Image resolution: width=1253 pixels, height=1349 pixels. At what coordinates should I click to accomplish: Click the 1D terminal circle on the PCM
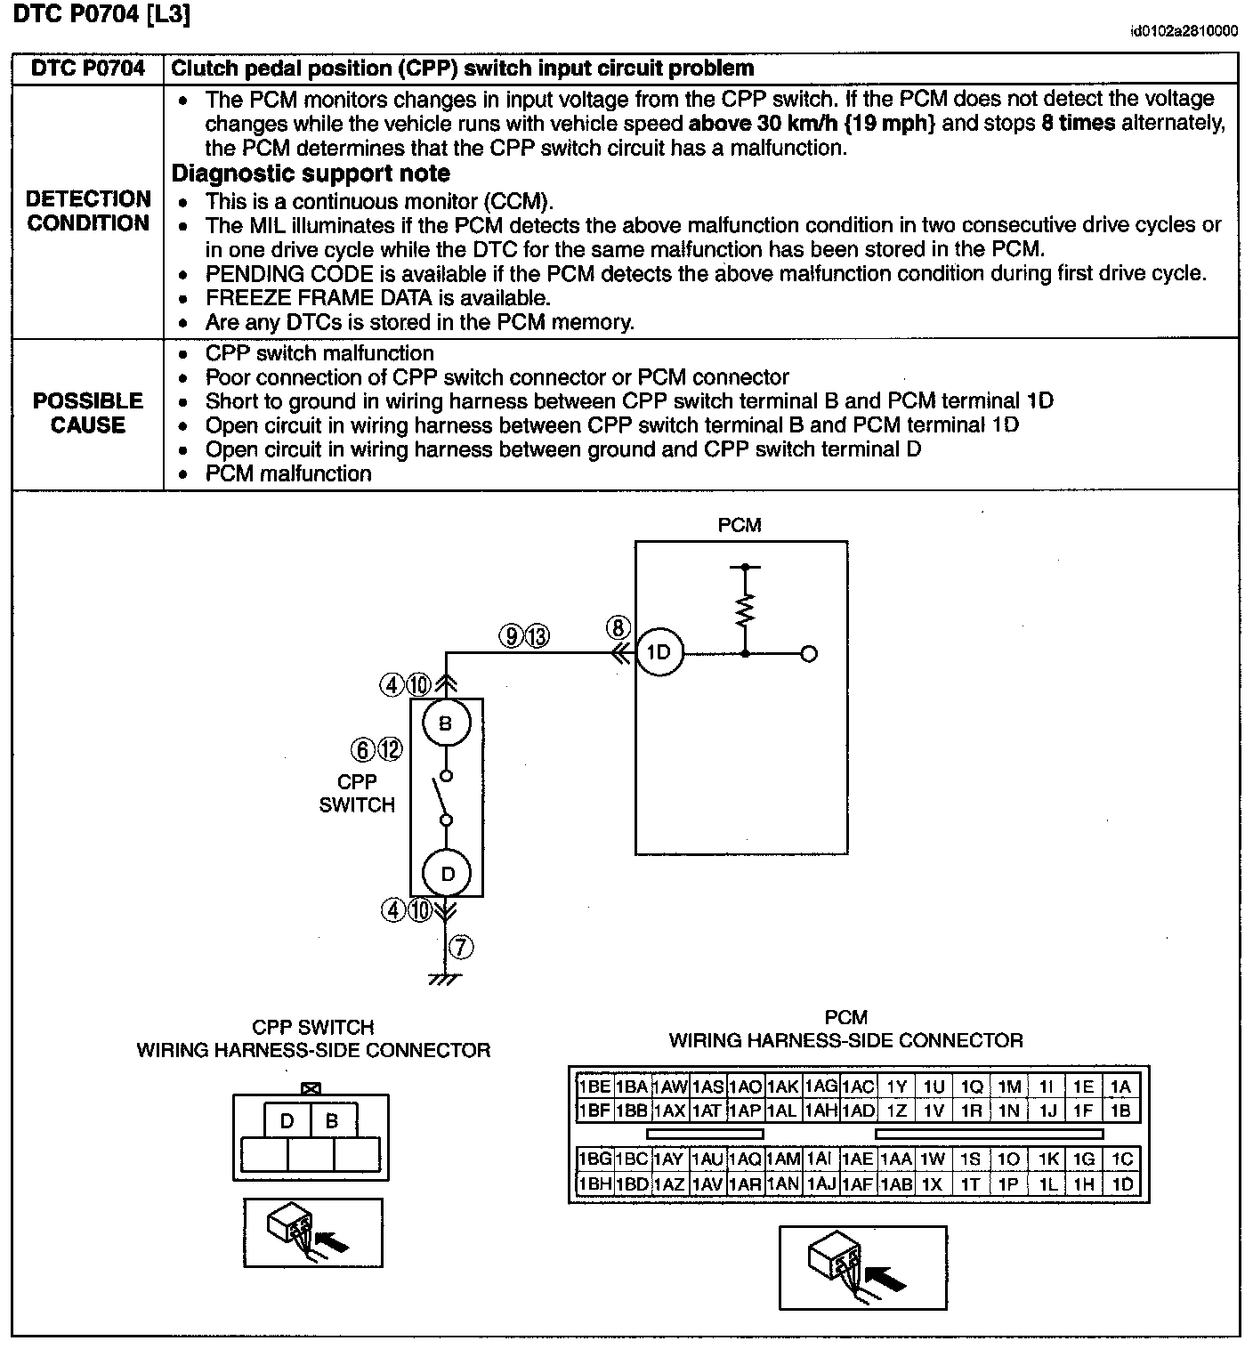(x=659, y=652)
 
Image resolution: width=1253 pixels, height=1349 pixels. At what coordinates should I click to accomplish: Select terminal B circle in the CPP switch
(x=446, y=723)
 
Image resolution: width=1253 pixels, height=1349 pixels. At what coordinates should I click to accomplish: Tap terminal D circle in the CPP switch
(x=447, y=874)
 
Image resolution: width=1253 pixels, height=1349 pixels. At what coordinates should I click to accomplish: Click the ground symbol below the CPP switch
(x=445, y=979)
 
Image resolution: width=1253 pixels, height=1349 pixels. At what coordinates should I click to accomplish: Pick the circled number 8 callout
(x=618, y=627)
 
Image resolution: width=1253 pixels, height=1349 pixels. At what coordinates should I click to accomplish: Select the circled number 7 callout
(x=461, y=947)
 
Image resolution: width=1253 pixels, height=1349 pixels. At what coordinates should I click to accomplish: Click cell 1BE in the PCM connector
(x=594, y=1086)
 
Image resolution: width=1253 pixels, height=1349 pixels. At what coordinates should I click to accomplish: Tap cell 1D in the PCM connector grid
(x=1122, y=1184)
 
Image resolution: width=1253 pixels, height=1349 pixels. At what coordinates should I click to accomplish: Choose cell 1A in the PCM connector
(x=1120, y=1086)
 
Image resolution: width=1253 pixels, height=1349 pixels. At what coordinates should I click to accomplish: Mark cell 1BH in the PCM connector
(x=594, y=1184)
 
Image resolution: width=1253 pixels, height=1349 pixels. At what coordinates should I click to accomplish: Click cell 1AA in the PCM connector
(x=896, y=1159)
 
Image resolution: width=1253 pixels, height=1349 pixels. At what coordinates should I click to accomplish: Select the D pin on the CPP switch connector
(x=287, y=1121)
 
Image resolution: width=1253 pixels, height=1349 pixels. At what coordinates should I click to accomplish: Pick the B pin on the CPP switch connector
(x=332, y=1121)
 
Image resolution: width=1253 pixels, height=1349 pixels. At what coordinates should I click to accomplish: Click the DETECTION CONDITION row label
(x=88, y=211)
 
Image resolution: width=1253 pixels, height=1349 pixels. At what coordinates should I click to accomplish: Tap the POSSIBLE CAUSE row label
(x=88, y=413)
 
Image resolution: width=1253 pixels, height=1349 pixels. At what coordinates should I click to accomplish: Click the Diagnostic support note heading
(x=311, y=174)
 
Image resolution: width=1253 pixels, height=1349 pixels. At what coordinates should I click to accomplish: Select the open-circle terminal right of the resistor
(x=808, y=653)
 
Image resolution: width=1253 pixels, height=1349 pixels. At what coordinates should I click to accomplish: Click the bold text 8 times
(x=1078, y=123)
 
